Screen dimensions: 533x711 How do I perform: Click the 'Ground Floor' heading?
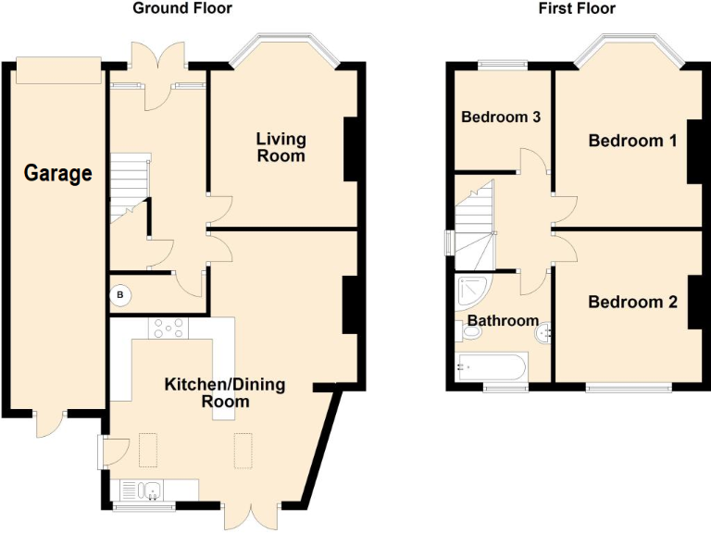pyautogui.click(x=181, y=8)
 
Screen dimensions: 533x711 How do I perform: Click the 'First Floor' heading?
pyautogui.click(x=577, y=8)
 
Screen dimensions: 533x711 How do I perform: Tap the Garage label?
pyautogui.click(x=58, y=173)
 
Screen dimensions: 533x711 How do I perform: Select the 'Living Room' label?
pyautogui.click(x=281, y=147)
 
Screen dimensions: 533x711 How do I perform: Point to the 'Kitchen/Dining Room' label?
pyautogui.click(x=225, y=392)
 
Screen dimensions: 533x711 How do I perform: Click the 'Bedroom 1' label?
pyautogui.click(x=632, y=141)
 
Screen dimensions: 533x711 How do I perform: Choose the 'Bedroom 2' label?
pyautogui.click(x=632, y=302)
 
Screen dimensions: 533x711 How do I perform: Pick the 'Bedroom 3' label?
pyautogui.click(x=501, y=118)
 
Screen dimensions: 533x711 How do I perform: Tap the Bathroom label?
pyautogui.click(x=502, y=320)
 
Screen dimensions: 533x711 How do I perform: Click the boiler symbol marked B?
pyautogui.click(x=120, y=295)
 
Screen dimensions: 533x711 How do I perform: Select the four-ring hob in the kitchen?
pyautogui.click(x=168, y=328)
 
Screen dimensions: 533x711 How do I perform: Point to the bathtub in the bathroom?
pyautogui.click(x=491, y=368)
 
